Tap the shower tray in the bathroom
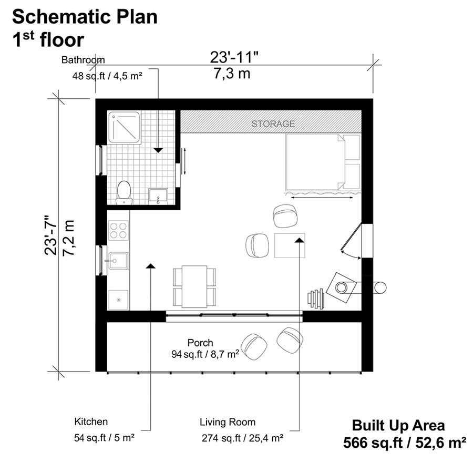125,127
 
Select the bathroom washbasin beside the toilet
158,197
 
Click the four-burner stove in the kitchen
118,230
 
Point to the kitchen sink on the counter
118,261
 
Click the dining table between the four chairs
194,286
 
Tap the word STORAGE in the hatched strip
273,124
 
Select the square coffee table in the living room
290,245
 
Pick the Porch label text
200,343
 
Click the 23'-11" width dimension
234,57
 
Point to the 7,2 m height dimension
69,238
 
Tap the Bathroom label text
83,60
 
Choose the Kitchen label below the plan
91,421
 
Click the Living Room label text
228,422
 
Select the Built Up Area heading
398,425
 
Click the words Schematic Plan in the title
85,17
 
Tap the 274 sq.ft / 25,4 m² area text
242,438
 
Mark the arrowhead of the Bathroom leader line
158,150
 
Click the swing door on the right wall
352,238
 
